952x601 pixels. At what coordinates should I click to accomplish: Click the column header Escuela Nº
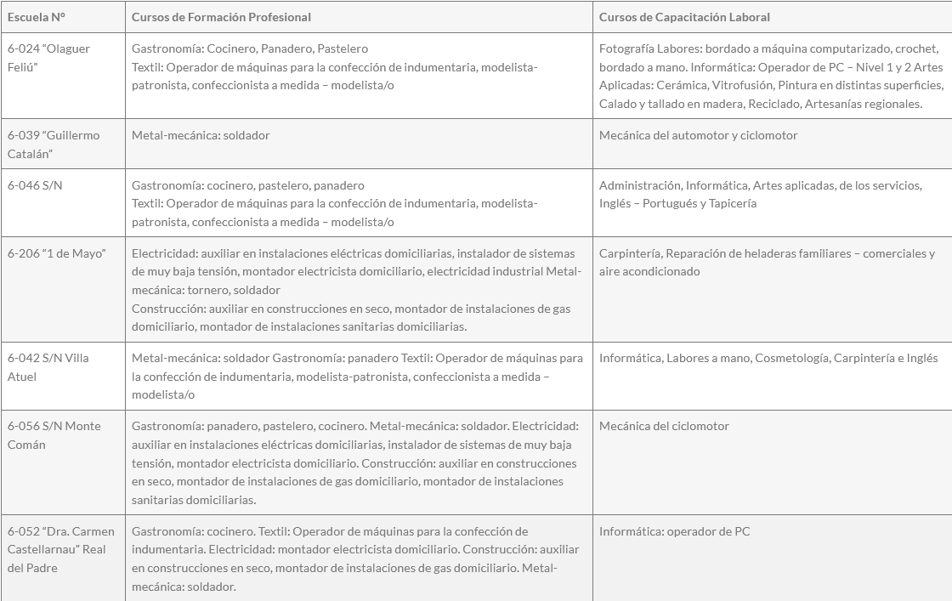[x=37, y=17]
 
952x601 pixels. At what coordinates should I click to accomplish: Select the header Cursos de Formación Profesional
[x=221, y=17]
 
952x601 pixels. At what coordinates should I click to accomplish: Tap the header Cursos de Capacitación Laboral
[x=684, y=17]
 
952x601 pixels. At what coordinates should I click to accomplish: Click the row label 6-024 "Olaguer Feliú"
[x=48, y=57]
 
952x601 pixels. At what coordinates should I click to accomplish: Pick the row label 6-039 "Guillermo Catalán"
[x=54, y=144]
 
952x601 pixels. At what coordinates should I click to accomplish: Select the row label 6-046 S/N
[x=35, y=185]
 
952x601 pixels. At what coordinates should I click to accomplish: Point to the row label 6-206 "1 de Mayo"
[x=57, y=253]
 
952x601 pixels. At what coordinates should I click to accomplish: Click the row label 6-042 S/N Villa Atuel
[x=48, y=366]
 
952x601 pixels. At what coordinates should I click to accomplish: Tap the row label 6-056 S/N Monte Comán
[x=54, y=434]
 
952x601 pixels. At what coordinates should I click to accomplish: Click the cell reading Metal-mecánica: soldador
[x=201, y=135]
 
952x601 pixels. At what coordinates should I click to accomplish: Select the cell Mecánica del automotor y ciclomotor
[x=698, y=135]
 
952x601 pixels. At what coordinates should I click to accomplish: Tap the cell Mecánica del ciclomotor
[x=664, y=426]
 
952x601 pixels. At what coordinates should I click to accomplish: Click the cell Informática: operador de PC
[x=674, y=531]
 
